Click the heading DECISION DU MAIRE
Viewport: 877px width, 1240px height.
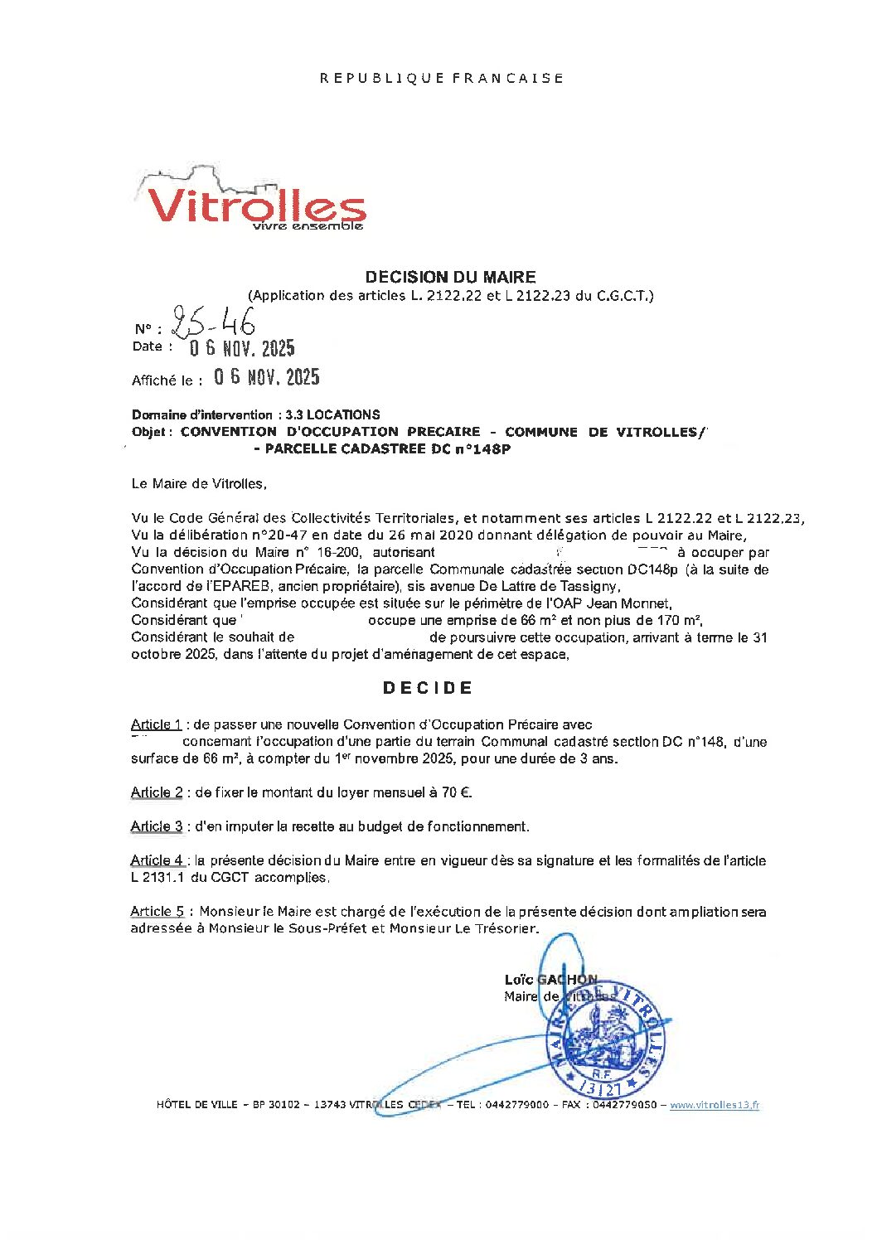(x=450, y=278)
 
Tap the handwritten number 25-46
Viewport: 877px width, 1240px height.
(x=212, y=322)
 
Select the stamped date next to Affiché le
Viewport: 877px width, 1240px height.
(x=266, y=377)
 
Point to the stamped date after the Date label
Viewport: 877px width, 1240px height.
(x=242, y=348)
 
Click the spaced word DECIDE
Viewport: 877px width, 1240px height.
(x=428, y=688)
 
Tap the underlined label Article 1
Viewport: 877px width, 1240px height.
(x=156, y=725)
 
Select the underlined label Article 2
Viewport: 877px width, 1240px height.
(x=156, y=792)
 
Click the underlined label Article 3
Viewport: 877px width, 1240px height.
(x=156, y=826)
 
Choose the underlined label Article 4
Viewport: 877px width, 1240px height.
(x=157, y=860)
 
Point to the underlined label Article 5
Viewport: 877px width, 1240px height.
(x=157, y=912)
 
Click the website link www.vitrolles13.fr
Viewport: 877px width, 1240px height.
(x=715, y=1105)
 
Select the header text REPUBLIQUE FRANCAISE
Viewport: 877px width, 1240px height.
(x=441, y=78)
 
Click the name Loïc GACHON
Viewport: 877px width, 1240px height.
(x=550, y=980)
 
